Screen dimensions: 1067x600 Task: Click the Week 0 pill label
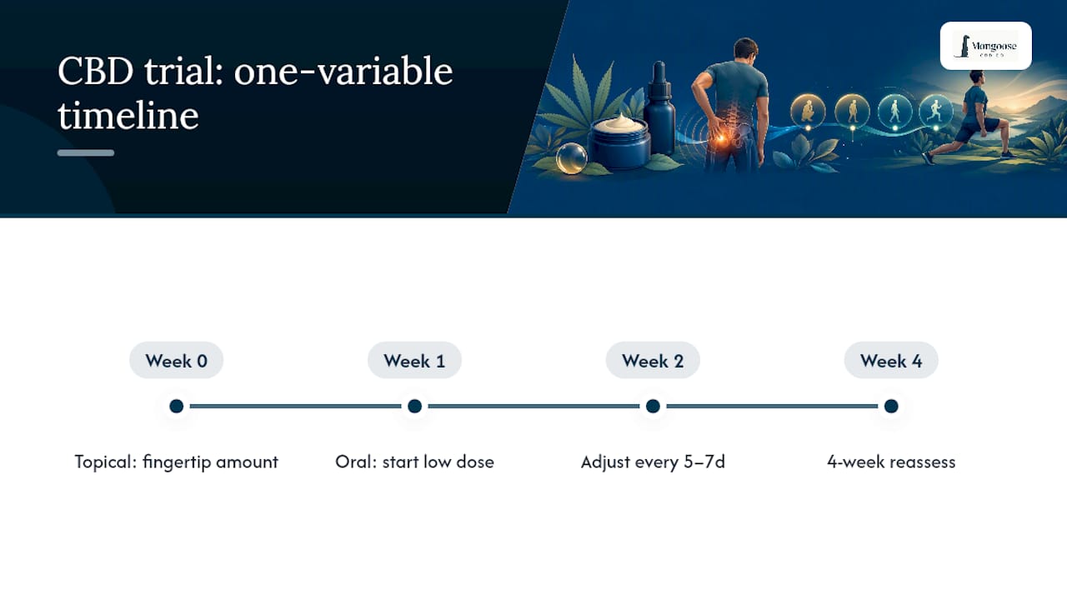pos(176,361)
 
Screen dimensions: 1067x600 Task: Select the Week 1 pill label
pos(414,361)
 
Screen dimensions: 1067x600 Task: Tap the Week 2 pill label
pos(653,361)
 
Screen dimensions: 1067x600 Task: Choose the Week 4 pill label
pos(891,361)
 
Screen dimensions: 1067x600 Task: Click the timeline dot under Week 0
pos(176,406)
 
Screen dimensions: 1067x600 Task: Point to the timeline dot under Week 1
pos(414,406)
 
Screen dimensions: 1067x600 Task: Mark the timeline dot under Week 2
pos(653,406)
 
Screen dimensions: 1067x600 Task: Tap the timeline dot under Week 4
pos(891,406)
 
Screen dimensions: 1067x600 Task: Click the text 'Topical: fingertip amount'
pos(176,462)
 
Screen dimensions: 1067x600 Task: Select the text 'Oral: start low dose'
pos(414,462)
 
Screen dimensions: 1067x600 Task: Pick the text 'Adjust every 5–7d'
pos(653,462)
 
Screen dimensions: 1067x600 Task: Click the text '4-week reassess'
pos(891,462)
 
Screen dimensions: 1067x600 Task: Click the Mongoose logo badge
pos(986,46)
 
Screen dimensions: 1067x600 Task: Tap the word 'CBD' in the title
pos(95,72)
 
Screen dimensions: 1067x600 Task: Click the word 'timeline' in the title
pos(128,115)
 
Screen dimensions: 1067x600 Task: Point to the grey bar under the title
pos(86,152)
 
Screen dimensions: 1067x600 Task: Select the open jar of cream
pos(619,142)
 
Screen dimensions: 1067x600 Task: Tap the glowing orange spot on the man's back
pos(721,138)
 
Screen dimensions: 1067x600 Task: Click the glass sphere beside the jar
pos(571,158)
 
